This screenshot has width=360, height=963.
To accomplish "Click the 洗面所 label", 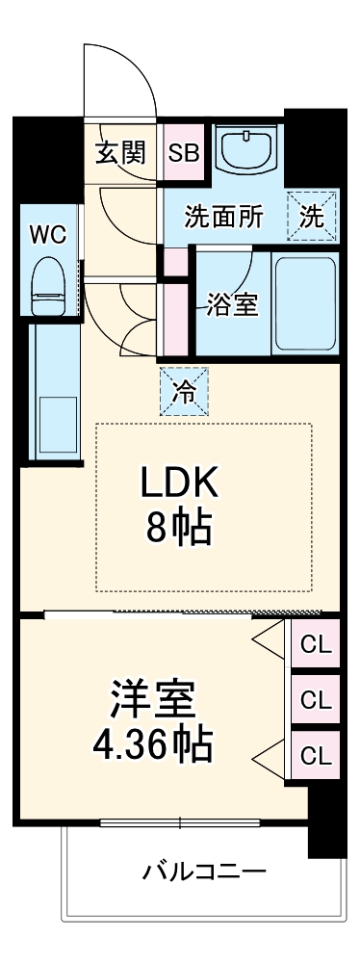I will pyautogui.click(x=223, y=217).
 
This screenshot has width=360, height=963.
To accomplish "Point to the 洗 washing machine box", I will pyautogui.click(x=312, y=216).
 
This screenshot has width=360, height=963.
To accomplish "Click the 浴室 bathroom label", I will pyautogui.click(x=232, y=304).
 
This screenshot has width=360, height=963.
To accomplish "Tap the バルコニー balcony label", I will pyautogui.click(x=204, y=873).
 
